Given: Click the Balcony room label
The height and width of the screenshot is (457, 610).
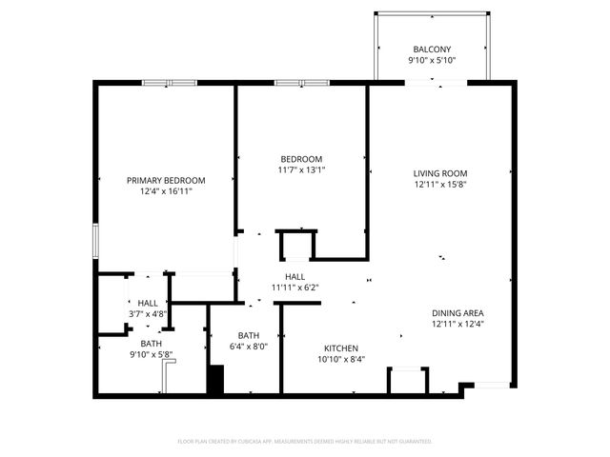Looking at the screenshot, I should pos(434,50).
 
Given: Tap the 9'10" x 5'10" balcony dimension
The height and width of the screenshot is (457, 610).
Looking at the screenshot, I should pos(434,61).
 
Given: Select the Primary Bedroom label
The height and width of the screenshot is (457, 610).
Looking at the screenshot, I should pos(166,180).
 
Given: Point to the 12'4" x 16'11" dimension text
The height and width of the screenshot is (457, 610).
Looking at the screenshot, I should pos(166,191).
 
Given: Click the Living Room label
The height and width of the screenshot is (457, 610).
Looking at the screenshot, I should pos(439,173).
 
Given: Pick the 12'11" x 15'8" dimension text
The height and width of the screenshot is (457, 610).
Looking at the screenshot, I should pos(439,185).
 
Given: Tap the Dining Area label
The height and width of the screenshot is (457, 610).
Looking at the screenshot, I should pos(457,313).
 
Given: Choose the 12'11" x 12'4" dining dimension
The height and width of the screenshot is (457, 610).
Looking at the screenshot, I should pos(457,325).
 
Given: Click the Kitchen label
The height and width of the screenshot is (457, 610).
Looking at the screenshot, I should pos(340,348).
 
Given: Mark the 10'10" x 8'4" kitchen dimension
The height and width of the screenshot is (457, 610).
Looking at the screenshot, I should pos(340,359).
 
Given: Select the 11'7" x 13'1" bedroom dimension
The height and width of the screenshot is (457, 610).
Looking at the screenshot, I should pos(301,170).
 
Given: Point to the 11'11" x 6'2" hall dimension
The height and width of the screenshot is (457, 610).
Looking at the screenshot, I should pos(295,288).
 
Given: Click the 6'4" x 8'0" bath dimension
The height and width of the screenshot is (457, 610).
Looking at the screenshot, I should pos(249,347).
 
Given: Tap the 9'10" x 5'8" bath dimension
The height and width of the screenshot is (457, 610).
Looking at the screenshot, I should pos(151,355).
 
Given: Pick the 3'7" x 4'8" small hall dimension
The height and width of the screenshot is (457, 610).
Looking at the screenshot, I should pos(148,313).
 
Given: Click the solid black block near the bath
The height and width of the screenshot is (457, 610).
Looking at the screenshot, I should pos(215,381).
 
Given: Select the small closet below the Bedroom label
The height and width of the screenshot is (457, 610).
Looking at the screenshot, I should pos(295,246).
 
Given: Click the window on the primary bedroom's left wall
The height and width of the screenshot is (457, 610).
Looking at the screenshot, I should pos(94,239).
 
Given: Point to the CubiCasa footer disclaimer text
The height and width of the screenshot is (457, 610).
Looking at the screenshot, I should pos(305,442).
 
